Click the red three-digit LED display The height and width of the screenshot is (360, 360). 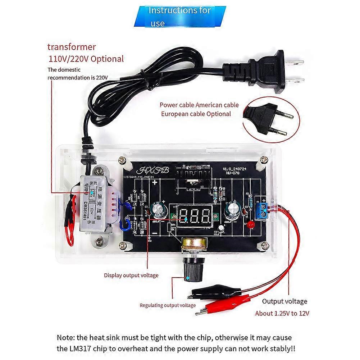point(195,216)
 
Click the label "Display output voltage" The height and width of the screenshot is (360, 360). point(131,275)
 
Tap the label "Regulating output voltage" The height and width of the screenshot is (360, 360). point(168,305)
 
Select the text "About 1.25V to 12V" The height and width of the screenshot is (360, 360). point(282,313)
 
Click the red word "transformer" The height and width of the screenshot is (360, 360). point(72,47)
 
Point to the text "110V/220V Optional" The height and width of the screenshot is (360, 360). point(86,59)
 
